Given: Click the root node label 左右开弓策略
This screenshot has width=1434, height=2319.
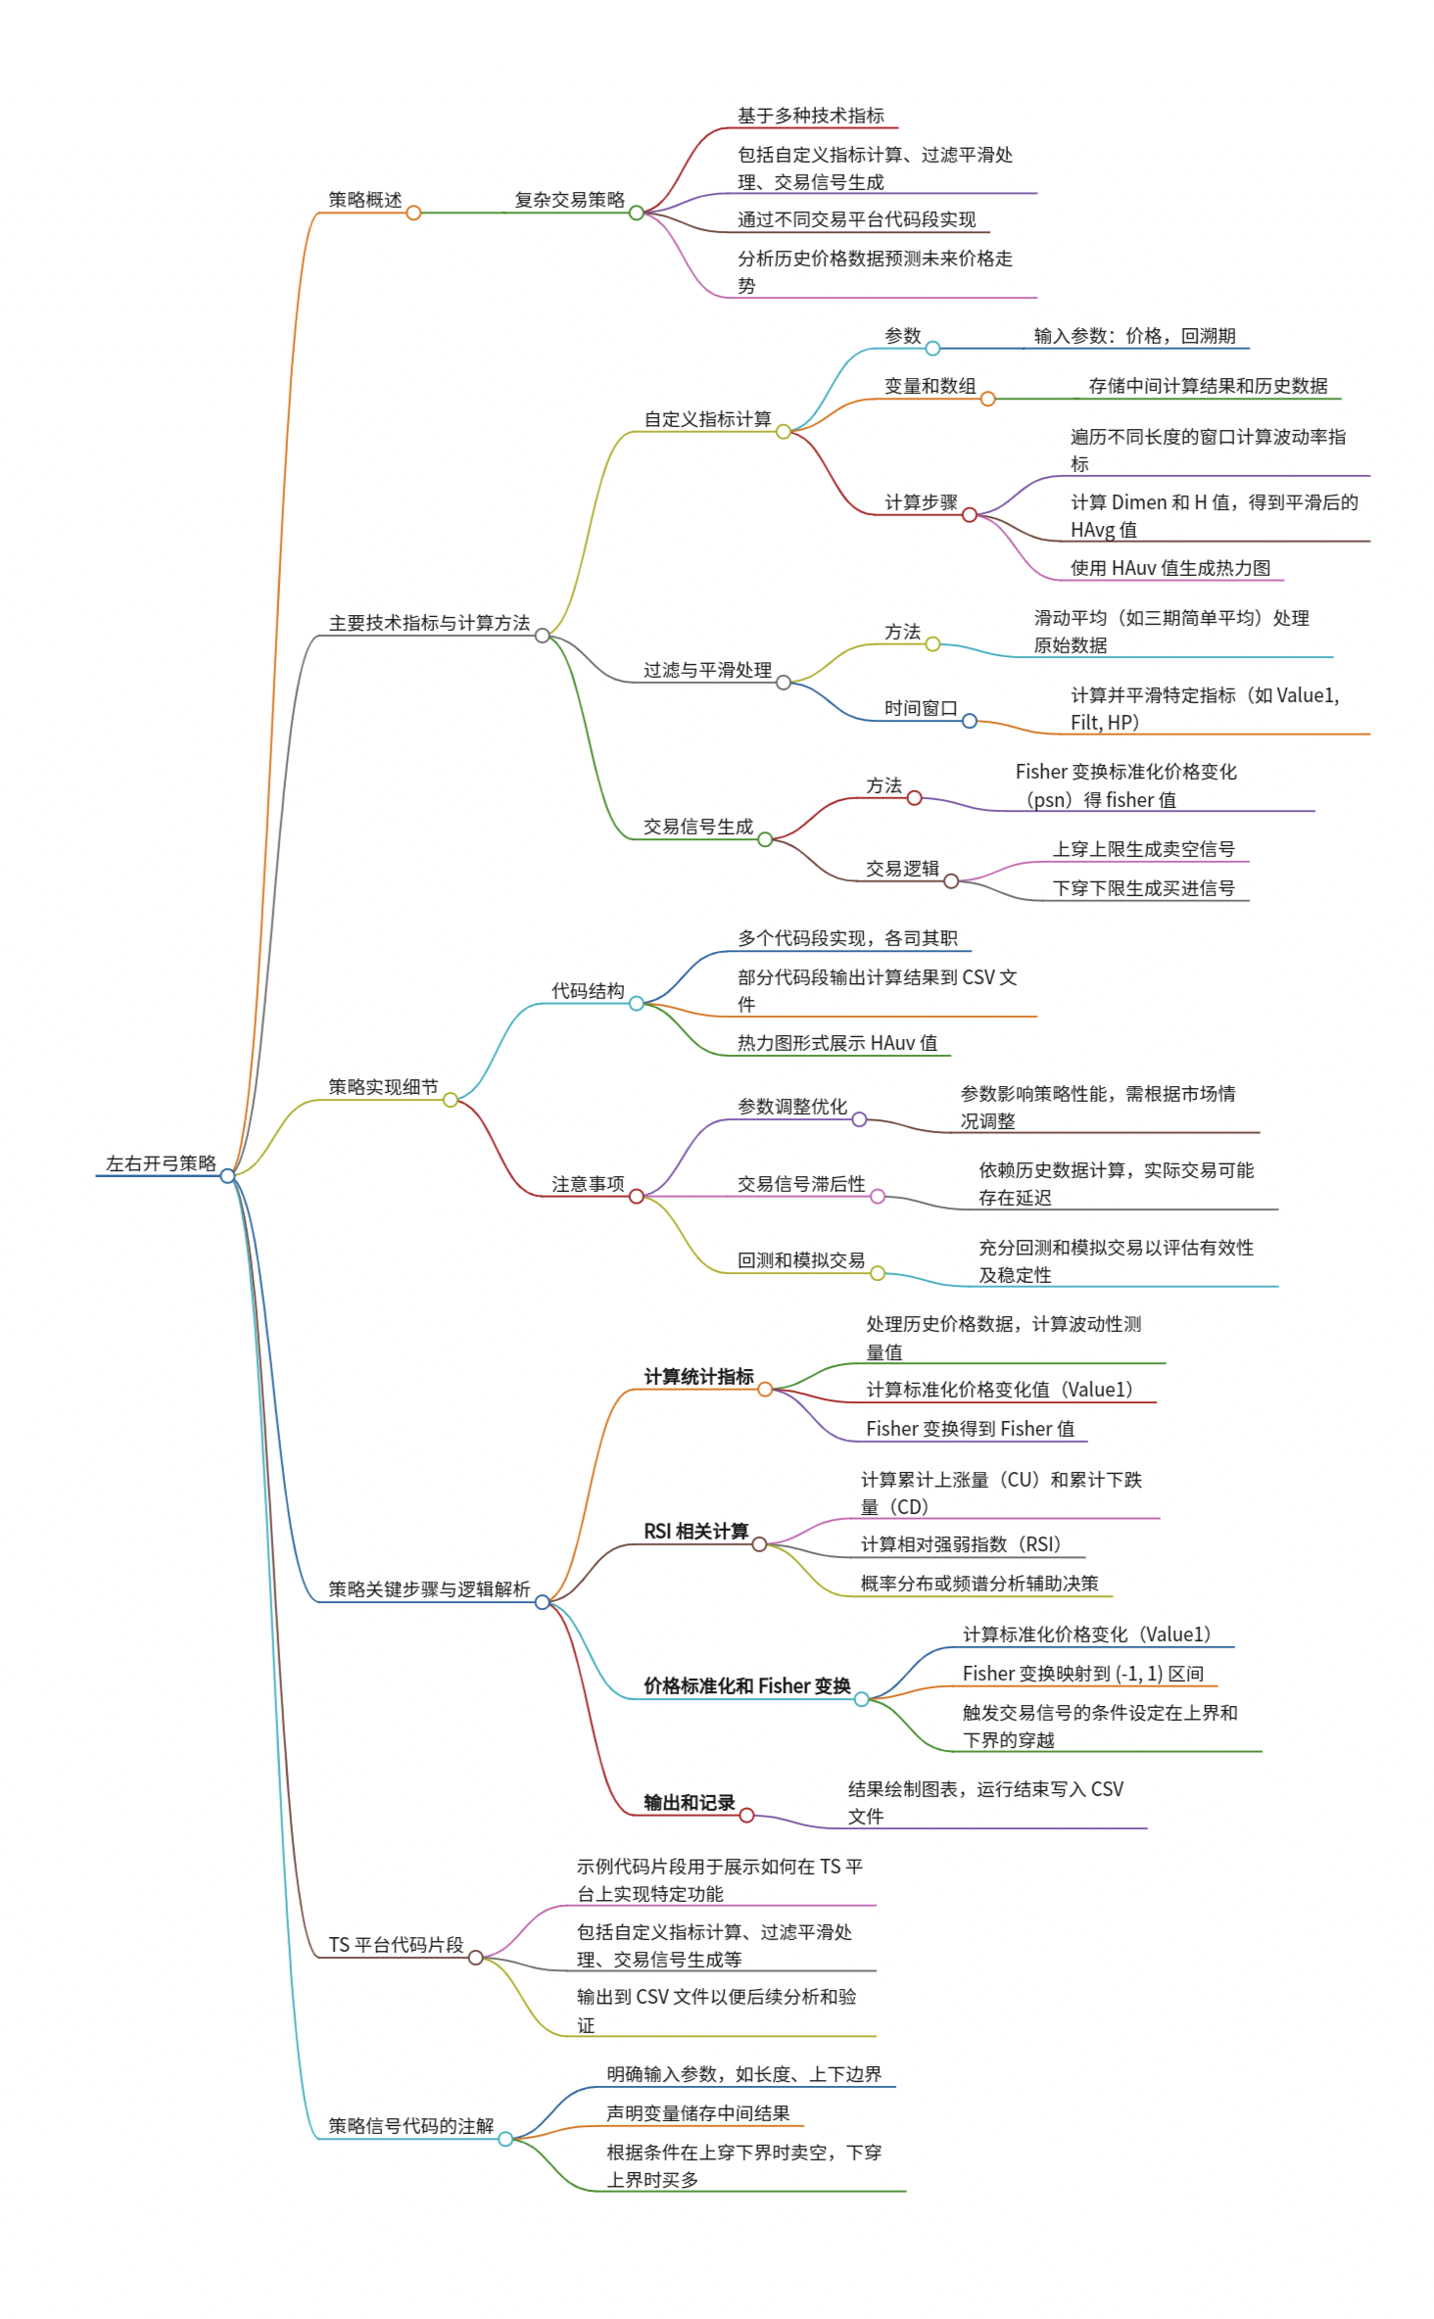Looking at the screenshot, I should tap(161, 1163).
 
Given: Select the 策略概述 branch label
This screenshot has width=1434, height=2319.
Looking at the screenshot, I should tap(364, 200).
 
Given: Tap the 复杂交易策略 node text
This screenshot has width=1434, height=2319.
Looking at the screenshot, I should tap(569, 200).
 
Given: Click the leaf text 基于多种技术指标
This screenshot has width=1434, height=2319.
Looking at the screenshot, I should tap(810, 116).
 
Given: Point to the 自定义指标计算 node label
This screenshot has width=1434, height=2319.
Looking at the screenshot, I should tap(707, 419).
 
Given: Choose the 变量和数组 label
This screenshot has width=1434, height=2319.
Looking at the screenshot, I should tap(930, 386).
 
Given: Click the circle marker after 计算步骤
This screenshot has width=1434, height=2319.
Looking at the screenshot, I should tap(969, 515).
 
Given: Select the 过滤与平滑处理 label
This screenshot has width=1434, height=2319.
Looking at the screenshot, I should tap(707, 670).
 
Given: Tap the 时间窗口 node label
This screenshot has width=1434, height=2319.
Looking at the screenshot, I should tap(921, 708).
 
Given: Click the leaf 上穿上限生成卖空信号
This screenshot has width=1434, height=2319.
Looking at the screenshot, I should tap(1143, 849).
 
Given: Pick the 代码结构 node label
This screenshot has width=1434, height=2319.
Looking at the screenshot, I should tap(588, 991).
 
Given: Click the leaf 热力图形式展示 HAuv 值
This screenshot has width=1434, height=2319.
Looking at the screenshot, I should tap(836, 1043).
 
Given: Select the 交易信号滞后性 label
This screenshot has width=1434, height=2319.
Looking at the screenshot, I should tap(801, 1184).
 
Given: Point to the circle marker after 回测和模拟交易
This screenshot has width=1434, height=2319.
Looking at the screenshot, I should tap(878, 1273).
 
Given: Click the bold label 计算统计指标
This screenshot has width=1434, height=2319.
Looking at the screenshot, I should tap(698, 1377).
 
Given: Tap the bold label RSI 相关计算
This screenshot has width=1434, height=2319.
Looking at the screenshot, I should tap(695, 1532).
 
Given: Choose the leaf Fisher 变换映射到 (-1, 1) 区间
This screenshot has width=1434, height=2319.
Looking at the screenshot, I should tap(1082, 1674).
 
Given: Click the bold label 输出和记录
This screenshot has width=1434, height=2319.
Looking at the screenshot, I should tap(689, 1803).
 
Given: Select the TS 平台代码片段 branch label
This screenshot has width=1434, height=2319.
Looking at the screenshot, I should tap(396, 1945).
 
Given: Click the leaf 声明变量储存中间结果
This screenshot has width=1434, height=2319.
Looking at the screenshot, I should tap(697, 2113).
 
